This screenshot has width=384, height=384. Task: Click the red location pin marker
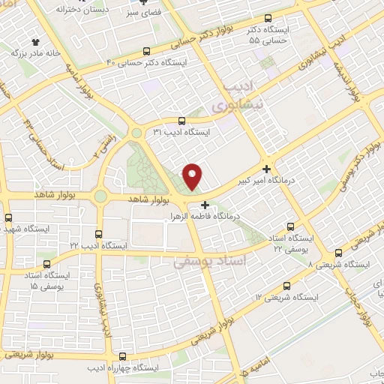[193, 176]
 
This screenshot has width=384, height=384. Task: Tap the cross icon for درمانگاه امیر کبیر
[267, 169]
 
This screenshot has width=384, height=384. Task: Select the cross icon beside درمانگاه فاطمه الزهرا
[205, 203]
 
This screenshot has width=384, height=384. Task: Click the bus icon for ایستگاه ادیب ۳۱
[181, 120]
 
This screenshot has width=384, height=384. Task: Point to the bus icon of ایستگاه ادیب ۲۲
[100, 234]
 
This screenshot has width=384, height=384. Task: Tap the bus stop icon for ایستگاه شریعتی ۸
[339, 253]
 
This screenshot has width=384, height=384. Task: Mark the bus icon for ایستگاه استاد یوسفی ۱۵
[47, 265]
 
